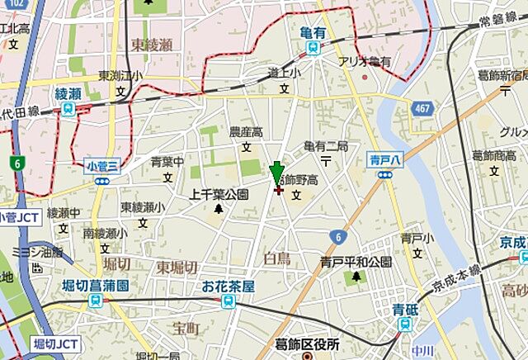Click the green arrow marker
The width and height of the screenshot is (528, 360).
[277, 176]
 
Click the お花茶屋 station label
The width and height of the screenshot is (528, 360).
[228, 287]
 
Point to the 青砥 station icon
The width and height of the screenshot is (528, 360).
[403, 324]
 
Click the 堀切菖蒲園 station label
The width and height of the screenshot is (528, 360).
[98, 286]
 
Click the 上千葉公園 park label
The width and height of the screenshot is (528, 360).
[219, 195]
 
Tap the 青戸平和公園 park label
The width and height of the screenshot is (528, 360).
[356, 262]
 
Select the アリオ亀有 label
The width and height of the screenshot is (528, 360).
[364, 62]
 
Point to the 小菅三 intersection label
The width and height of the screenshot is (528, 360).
[102, 166]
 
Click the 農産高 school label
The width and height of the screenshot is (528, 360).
[246, 132]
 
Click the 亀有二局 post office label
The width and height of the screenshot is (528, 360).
[327, 145]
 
